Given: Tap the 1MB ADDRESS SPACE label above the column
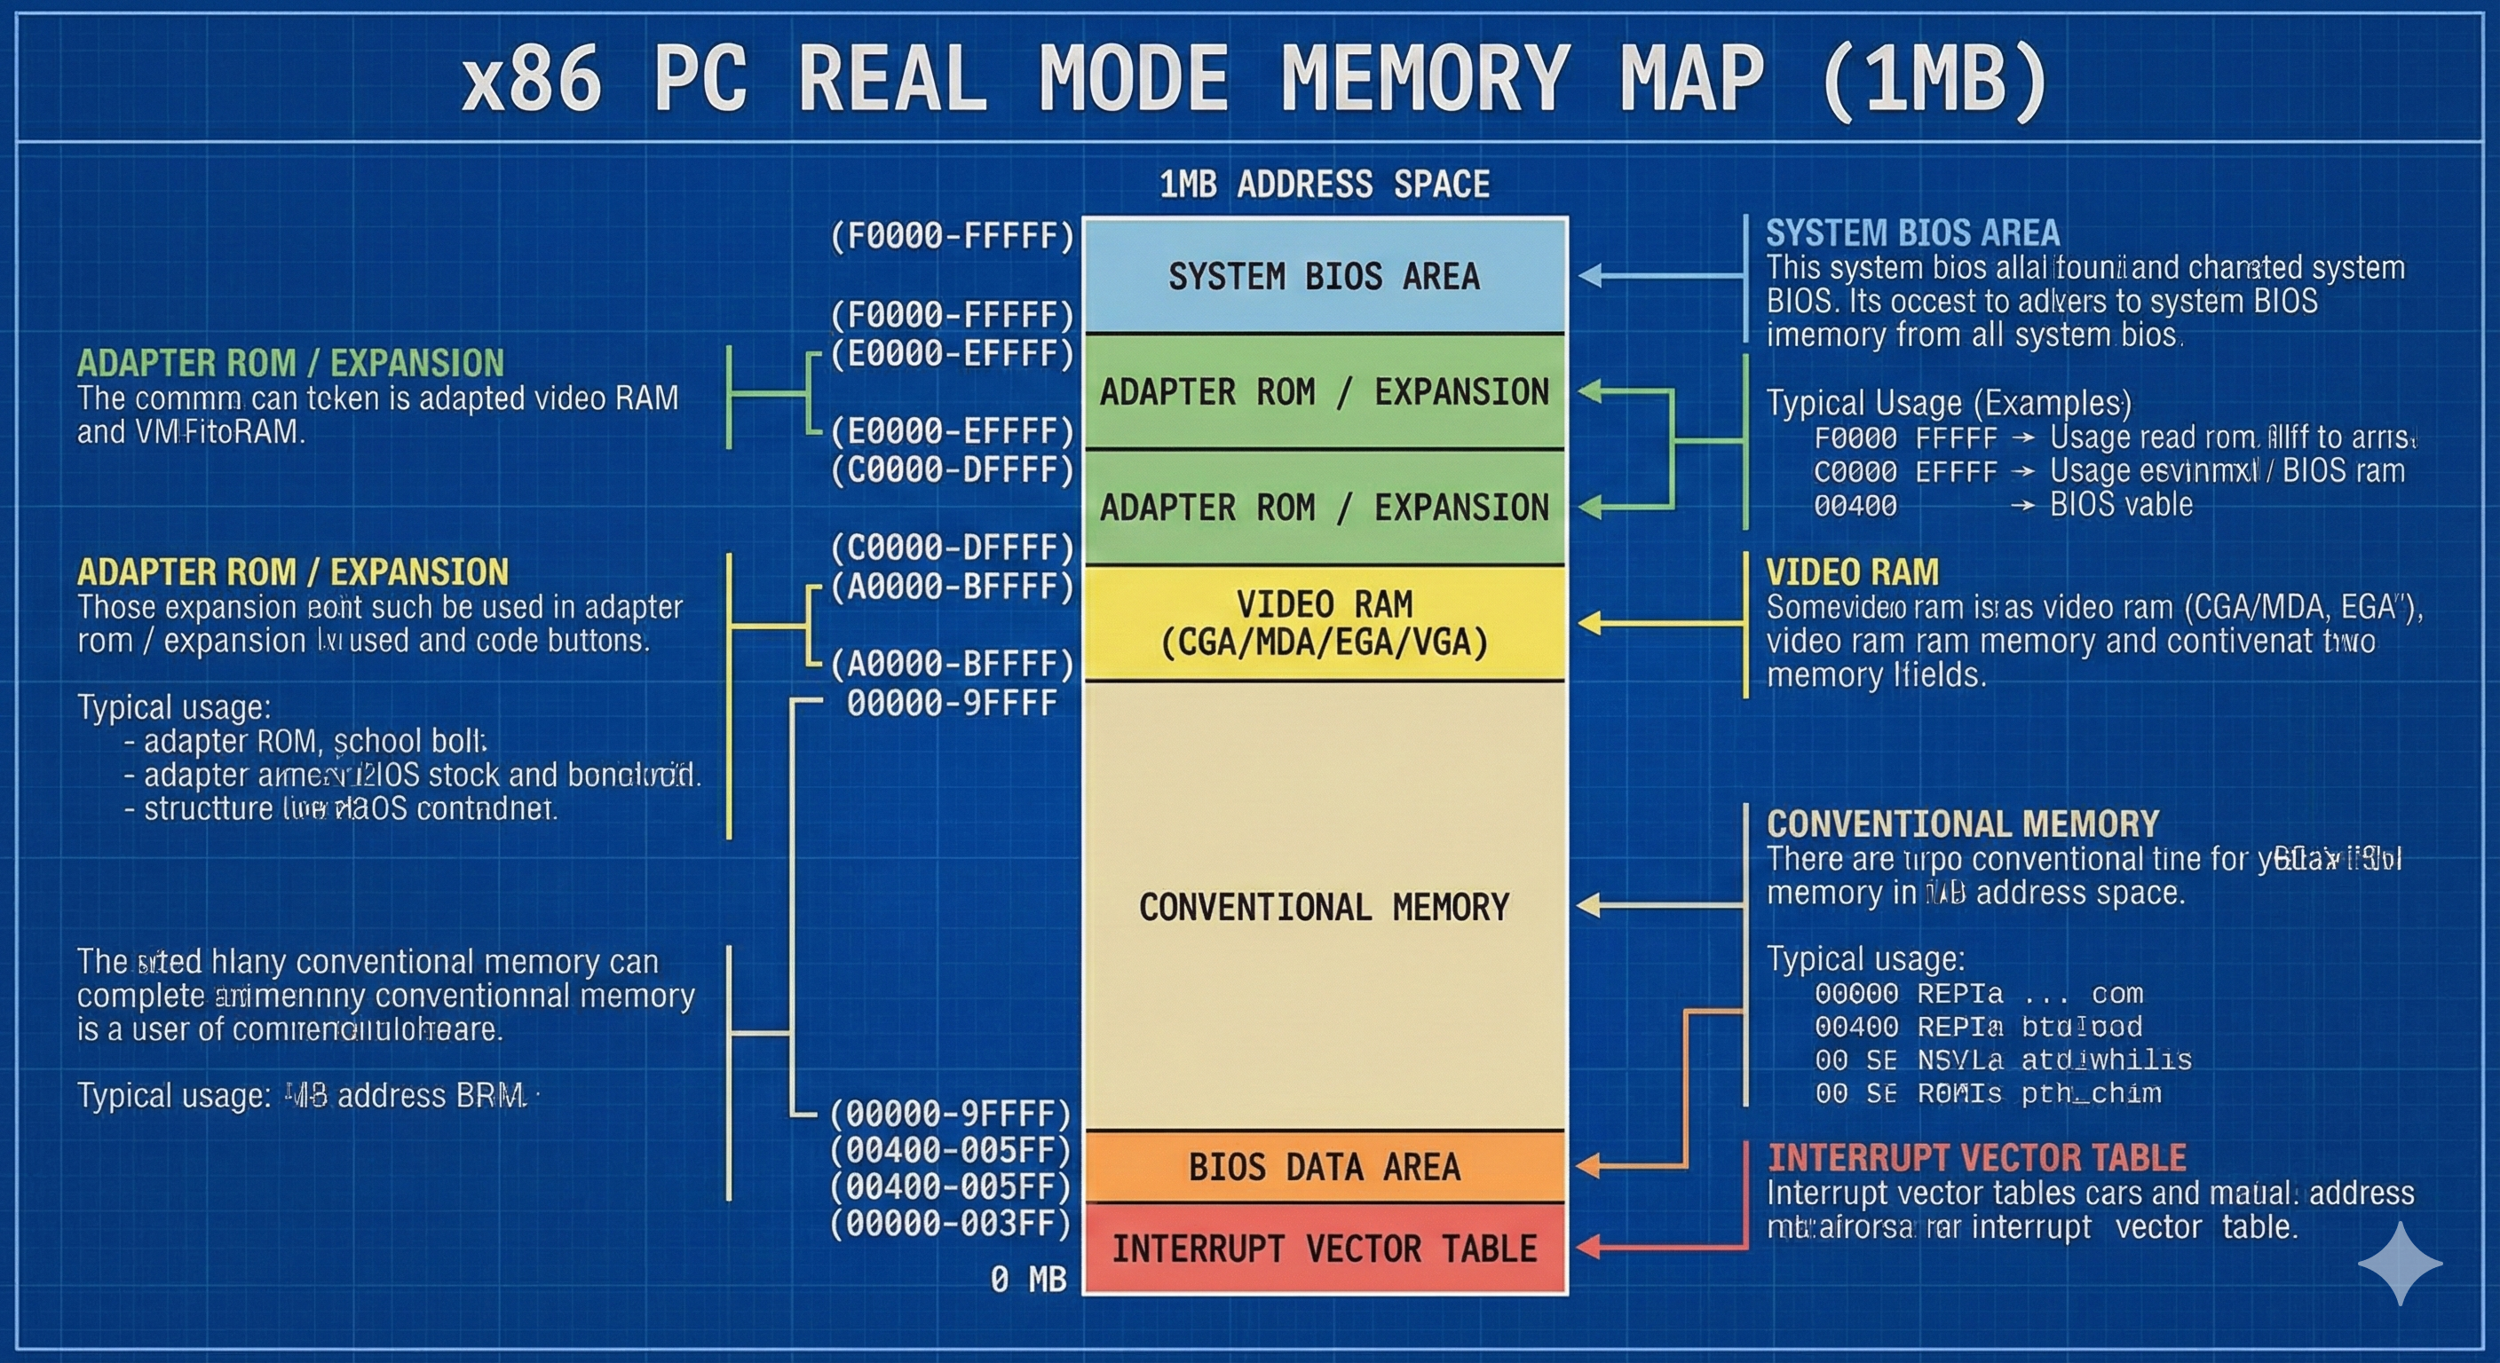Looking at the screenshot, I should click(x=1324, y=185).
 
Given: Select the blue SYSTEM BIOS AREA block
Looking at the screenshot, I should click(x=1324, y=277).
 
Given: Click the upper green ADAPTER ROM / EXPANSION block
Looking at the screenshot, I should click(x=1324, y=392).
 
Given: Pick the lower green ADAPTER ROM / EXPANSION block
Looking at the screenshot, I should click(x=1324, y=508).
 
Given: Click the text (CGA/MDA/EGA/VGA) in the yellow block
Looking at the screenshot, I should click(x=1324, y=642).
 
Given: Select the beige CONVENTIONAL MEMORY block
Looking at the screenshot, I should click(x=1324, y=907).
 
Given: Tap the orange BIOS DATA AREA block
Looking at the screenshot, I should click(x=1324, y=1167).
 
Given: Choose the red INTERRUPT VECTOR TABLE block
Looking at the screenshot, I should click(x=1324, y=1249).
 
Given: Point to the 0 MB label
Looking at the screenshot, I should click(x=1028, y=1280).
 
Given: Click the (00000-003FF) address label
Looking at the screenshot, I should click(x=950, y=1224).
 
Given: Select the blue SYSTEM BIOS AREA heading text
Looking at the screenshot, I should click(x=1912, y=232).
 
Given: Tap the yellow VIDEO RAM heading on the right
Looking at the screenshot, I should click(x=1852, y=572).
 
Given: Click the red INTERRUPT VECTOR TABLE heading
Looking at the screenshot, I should click(x=1976, y=1157).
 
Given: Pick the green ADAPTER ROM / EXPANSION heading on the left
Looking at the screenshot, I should click(x=290, y=363).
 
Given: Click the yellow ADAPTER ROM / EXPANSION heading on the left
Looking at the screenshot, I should click(x=292, y=572).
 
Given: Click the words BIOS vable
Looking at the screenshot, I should click(x=2121, y=504).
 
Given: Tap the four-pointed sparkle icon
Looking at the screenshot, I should click(x=2399, y=1263).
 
